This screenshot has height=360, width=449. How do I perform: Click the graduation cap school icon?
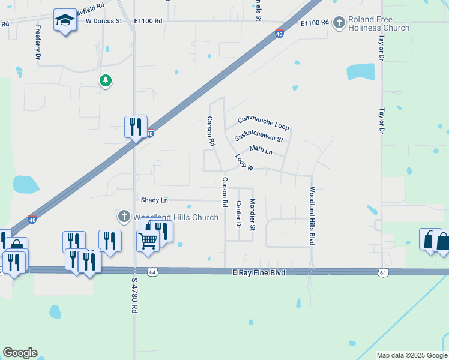(64, 20)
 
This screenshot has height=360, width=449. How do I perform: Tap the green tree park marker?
(106, 80)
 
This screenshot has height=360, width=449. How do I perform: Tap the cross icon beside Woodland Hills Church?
(124, 216)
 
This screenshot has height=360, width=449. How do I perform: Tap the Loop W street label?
(244, 162)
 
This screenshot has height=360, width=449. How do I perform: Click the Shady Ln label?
(154, 199)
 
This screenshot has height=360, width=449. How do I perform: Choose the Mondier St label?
(253, 214)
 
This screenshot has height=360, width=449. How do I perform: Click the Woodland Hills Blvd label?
(312, 216)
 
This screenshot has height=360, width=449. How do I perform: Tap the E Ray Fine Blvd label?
(258, 272)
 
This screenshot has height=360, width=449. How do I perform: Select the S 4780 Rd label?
(134, 296)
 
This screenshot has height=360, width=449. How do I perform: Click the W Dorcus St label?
(104, 20)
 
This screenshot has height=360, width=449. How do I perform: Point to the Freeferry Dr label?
(38, 41)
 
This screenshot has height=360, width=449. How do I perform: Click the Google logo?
(20, 353)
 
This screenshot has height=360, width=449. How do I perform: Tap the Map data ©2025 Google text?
(412, 355)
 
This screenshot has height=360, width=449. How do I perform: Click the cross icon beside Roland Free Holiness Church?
(339, 23)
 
